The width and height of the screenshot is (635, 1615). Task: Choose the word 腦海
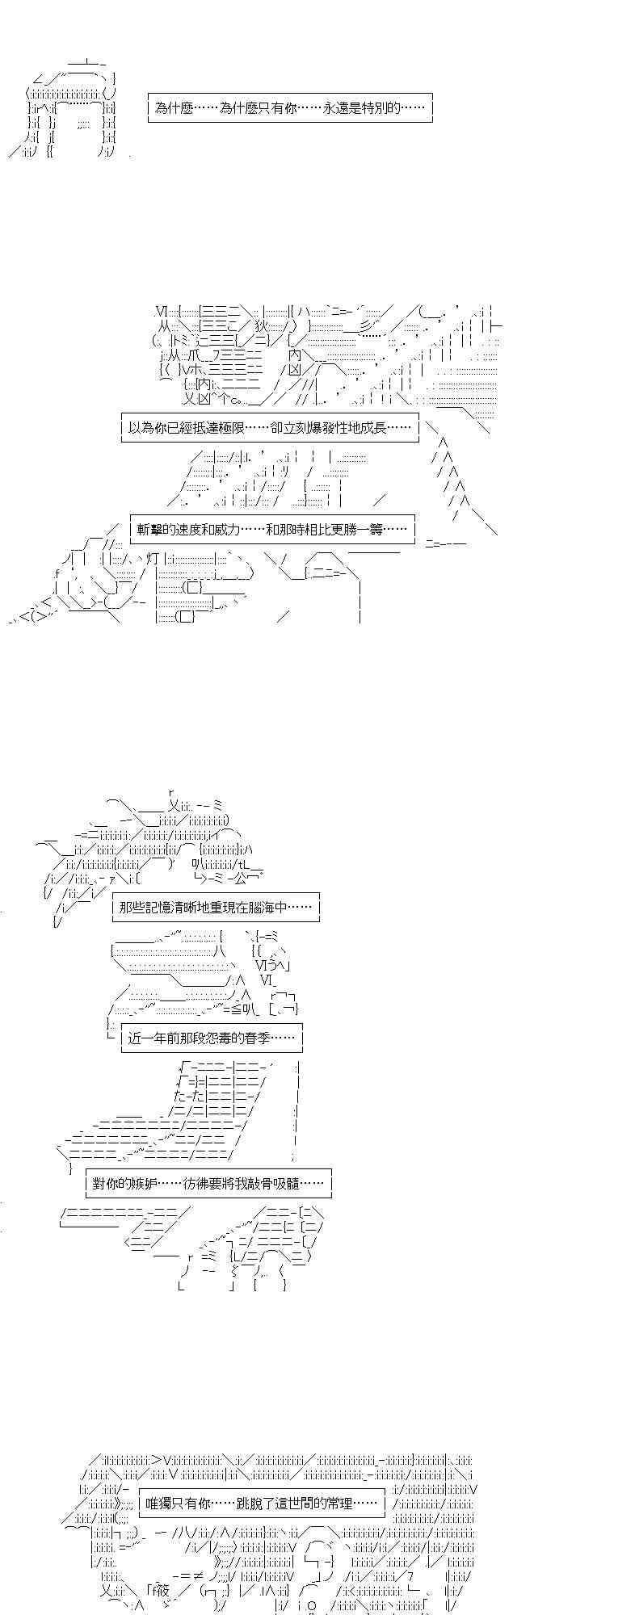tap(260, 907)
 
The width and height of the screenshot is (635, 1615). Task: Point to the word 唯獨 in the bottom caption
tap(158, 1503)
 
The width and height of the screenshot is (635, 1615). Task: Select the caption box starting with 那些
tap(216, 907)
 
